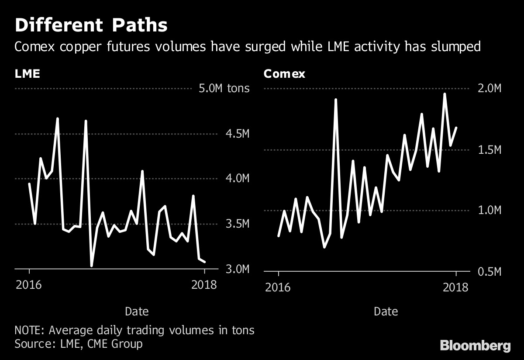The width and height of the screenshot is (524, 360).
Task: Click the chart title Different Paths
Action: pos(91,25)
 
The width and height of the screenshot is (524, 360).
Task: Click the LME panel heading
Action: pos(28,73)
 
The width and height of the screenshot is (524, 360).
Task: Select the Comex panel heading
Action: pos(284,73)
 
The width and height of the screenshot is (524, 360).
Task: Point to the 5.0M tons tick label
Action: pos(224,89)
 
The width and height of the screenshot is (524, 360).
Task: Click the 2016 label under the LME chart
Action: pos(29,285)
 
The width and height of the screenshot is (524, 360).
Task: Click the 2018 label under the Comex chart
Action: pos(455,287)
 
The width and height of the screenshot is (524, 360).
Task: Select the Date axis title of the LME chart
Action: pos(137,312)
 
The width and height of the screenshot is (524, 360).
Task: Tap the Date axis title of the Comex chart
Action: pos(386,312)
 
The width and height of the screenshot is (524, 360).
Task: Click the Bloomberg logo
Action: pos(475,346)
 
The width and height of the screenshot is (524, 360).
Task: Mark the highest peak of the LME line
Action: pos(57,118)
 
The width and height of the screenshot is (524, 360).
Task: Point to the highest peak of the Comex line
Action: pos(445,94)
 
